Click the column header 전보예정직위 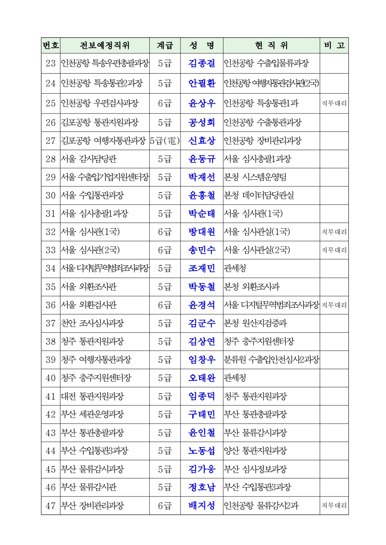pos(105,46)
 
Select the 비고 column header pos(334,46)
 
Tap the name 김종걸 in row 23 pos(202,64)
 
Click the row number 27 pos(51,141)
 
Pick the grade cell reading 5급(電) pos(165,141)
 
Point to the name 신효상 pos(202,141)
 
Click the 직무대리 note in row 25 pos(334,104)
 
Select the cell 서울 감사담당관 pos(89,159)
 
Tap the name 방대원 pos(202,232)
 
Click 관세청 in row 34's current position pos(235,269)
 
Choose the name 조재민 pos(202,269)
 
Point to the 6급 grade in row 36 pos(165,305)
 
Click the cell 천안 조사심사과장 pos(93,324)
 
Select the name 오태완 pos(202,378)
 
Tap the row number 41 pos(51,396)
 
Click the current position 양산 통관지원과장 pos(256,451)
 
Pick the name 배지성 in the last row pos(202,506)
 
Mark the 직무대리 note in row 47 pos(334,506)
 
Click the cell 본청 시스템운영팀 pos(255,177)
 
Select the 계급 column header pos(165,46)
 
